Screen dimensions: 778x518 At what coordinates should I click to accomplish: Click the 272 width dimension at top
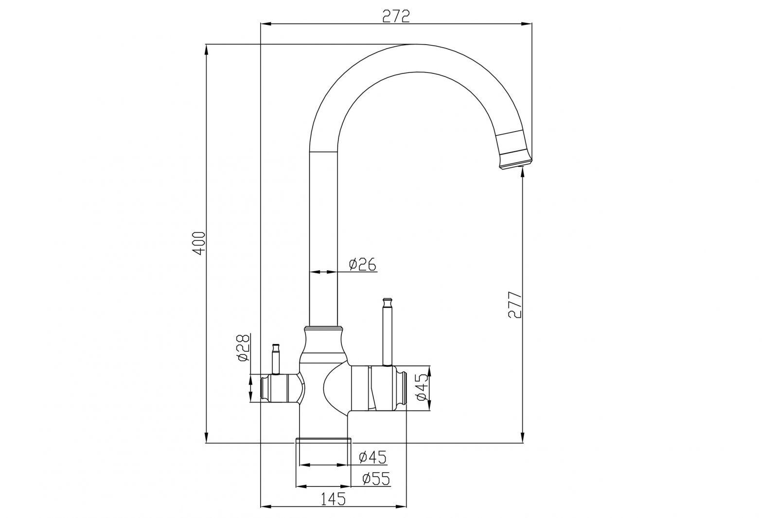[x=396, y=16]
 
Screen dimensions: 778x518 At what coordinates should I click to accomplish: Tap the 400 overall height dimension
[x=199, y=243]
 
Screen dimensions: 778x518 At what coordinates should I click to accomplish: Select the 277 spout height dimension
[x=514, y=305]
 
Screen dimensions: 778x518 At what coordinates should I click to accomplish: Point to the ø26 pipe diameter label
[x=362, y=264]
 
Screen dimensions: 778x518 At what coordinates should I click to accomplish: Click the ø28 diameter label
[x=243, y=347]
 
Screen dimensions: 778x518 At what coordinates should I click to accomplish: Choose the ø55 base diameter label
[x=376, y=479]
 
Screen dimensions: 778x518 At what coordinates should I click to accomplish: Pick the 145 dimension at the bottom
[x=333, y=499]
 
